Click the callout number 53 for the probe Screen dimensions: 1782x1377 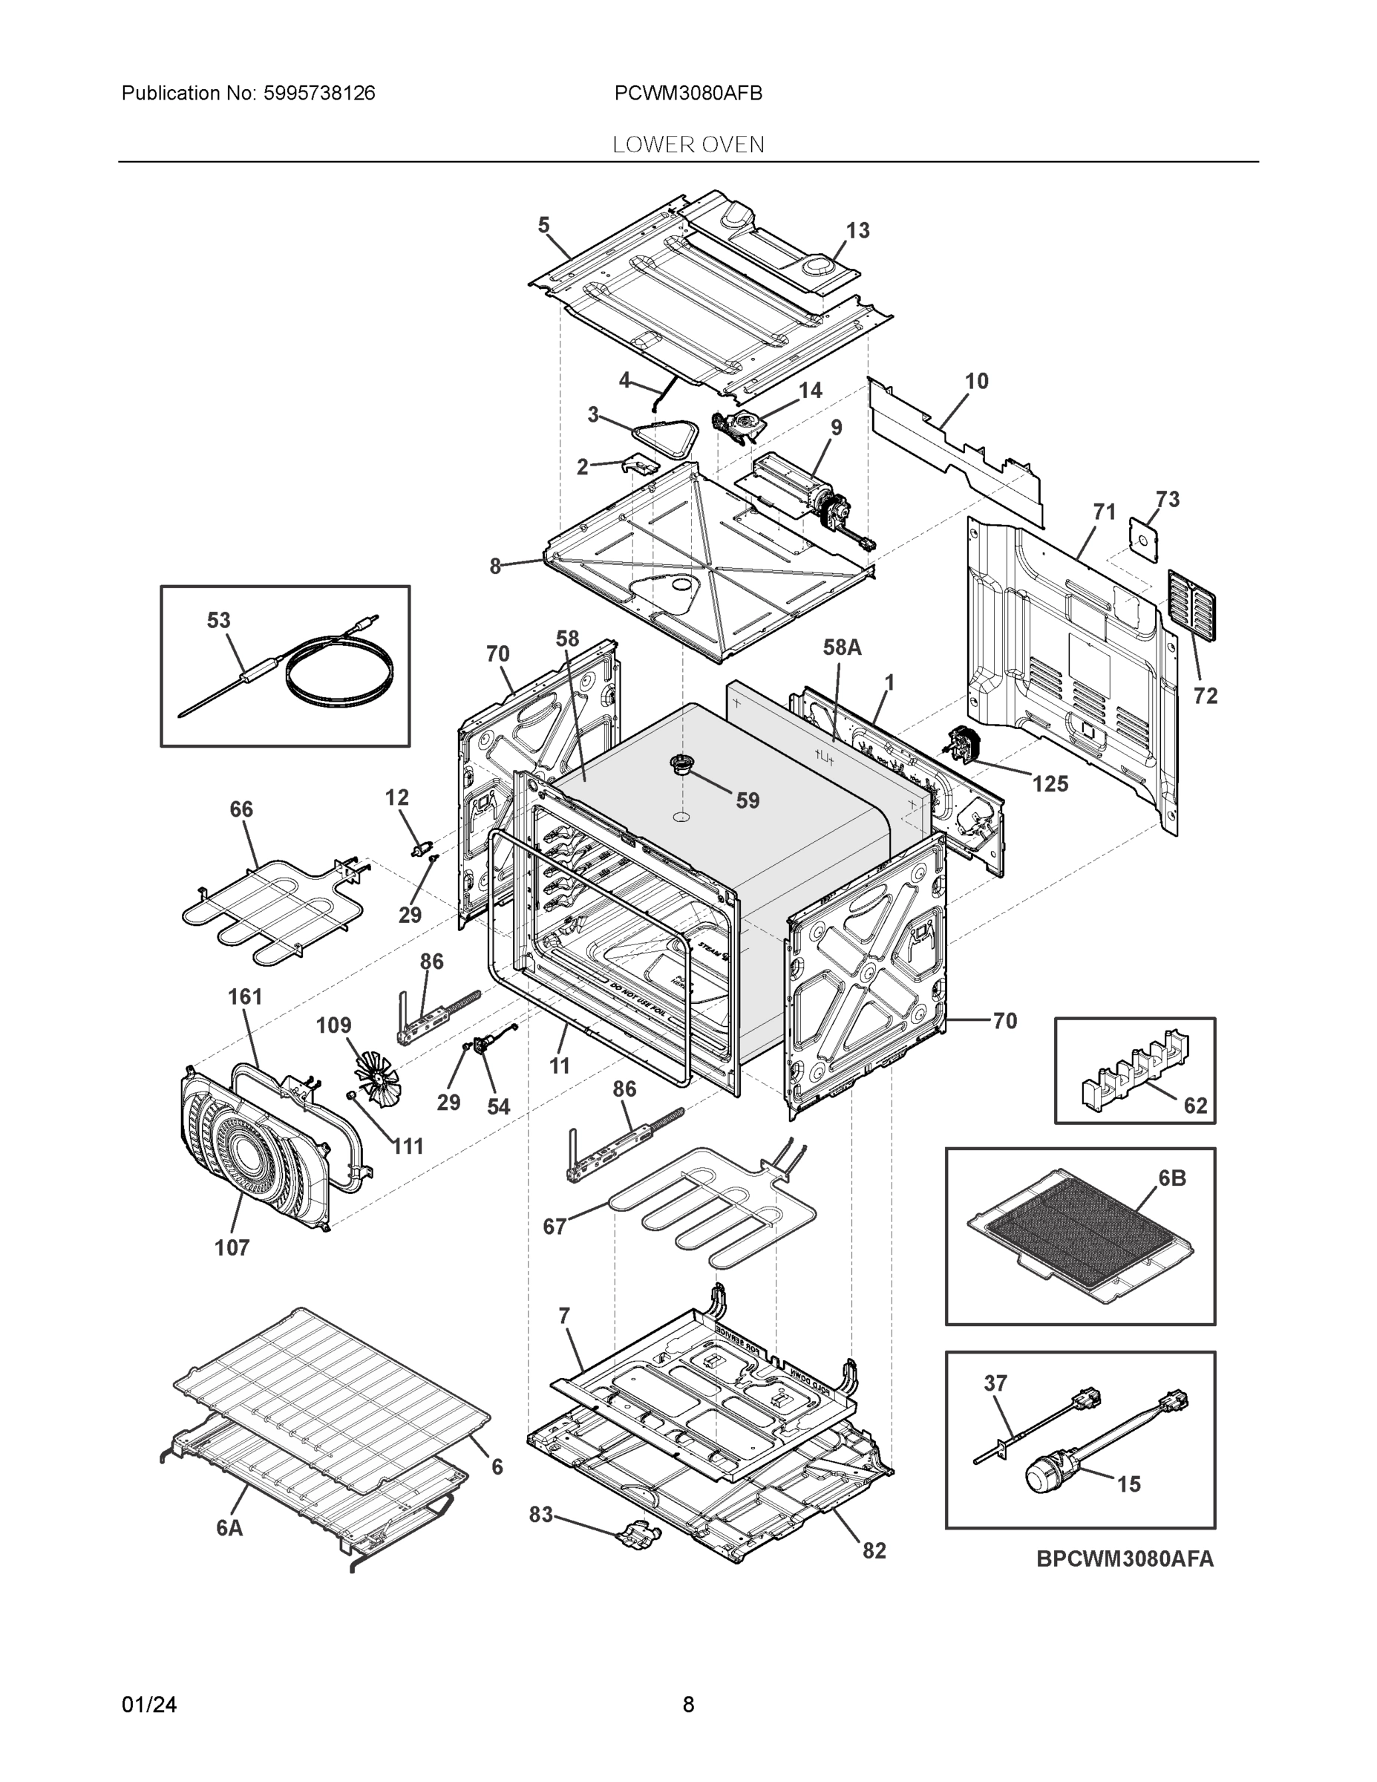pos(217,621)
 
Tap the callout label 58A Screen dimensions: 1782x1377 pos(842,648)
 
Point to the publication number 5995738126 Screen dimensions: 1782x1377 pos(319,93)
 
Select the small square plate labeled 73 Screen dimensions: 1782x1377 pos(1145,538)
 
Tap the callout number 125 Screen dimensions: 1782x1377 pos(1050,784)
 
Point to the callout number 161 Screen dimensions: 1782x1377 pos(245,997)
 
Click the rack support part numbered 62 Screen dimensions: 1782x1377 pos(1134,1069)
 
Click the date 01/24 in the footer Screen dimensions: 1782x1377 pos(149,1705)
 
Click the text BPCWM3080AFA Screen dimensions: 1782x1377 pos(1125,1559)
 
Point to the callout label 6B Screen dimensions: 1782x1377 pos(1172,1178)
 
